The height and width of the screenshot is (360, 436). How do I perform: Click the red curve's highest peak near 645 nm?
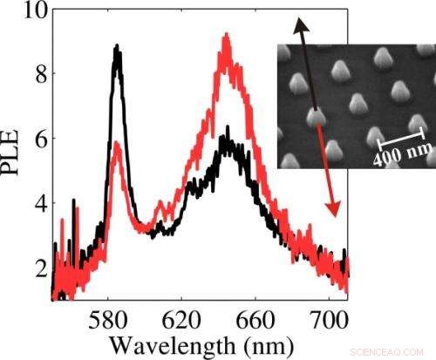tap(227, 37)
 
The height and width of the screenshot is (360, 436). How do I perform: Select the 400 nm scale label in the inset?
tap(399, 156)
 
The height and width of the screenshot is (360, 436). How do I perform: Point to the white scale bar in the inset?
tap(401, 135)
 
